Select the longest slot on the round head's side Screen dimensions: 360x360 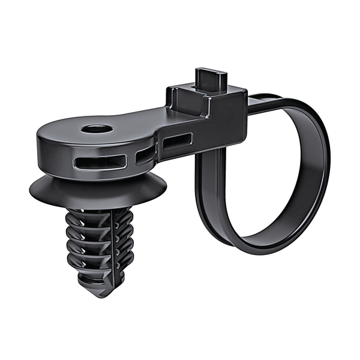100,162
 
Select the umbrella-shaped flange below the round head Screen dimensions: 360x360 99,191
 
